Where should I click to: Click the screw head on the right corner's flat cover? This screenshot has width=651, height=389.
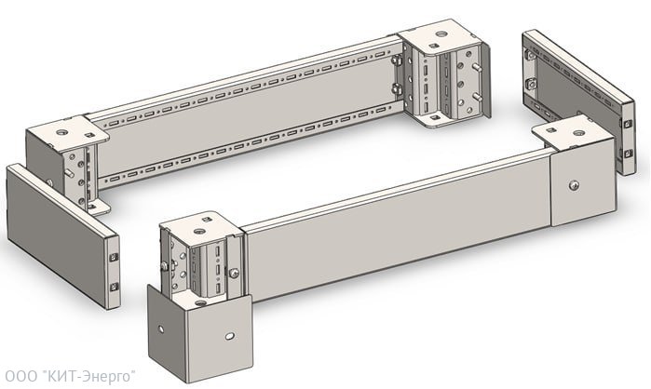tap(575, 185)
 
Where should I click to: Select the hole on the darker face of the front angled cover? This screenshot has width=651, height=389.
tap(161, 329)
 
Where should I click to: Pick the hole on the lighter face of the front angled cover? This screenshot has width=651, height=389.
tap(230, 336)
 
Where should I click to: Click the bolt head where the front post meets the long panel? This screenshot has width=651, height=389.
tap(234, 273)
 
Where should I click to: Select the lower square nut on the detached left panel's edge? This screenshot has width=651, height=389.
tap(115, 287)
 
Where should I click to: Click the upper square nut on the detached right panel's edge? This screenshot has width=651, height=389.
tap(628, 124)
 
